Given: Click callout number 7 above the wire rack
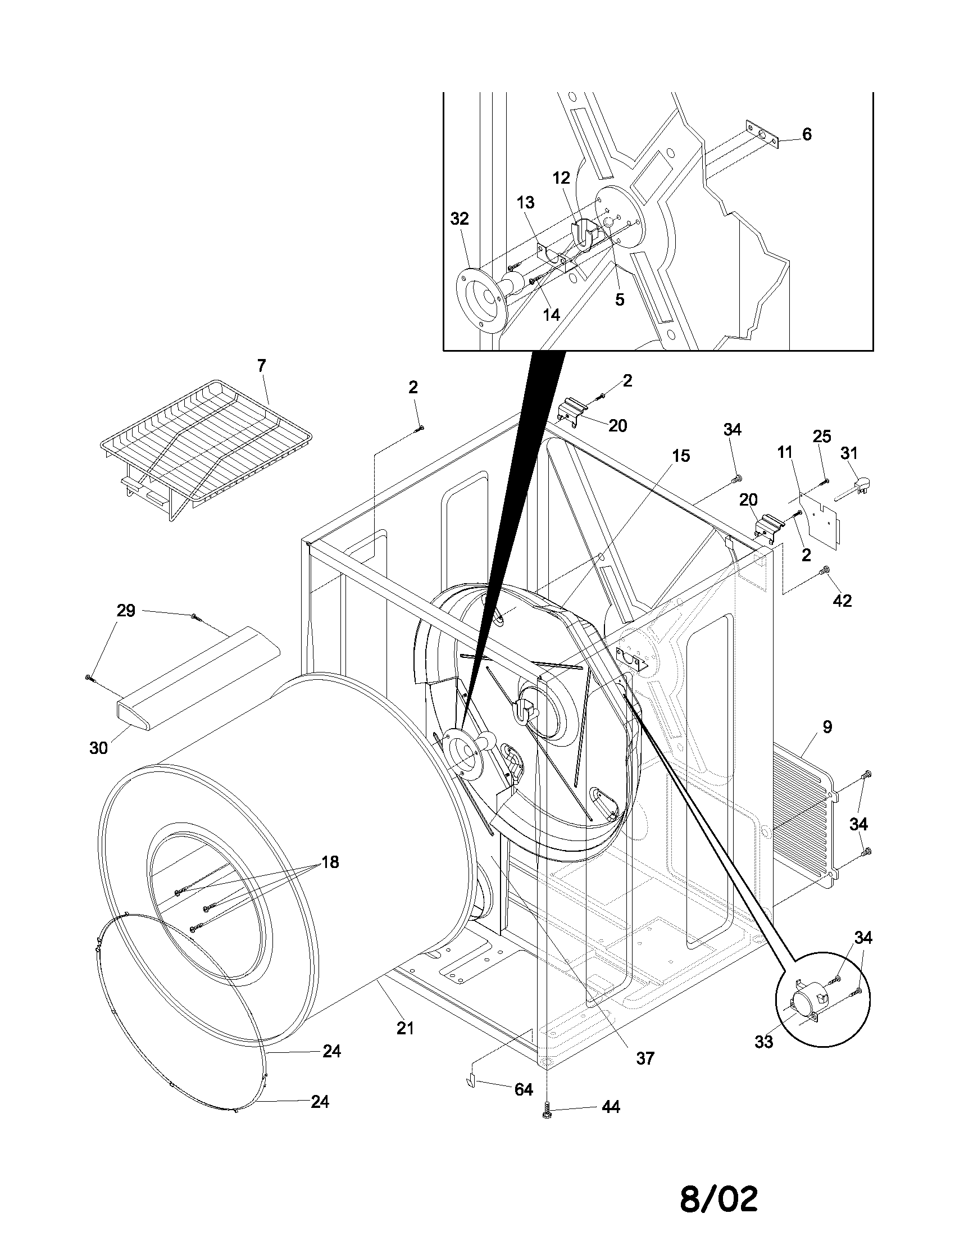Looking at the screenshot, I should tap(261, 366).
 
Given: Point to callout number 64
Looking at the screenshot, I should tap(524, 1089).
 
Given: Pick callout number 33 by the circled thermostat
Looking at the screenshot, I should tap(764, 1041).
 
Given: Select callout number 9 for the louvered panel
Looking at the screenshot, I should tap(827, 727).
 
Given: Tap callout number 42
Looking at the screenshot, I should tap(843, 601).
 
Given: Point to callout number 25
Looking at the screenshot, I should tap(821, 437).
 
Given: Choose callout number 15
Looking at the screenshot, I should tap(681, 456).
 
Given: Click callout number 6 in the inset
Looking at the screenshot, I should tap(807, 135).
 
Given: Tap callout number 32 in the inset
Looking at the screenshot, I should tap(460, 219).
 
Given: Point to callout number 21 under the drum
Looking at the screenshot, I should tap(405, 1028).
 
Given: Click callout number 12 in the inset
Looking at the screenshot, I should tap(561, 178).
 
